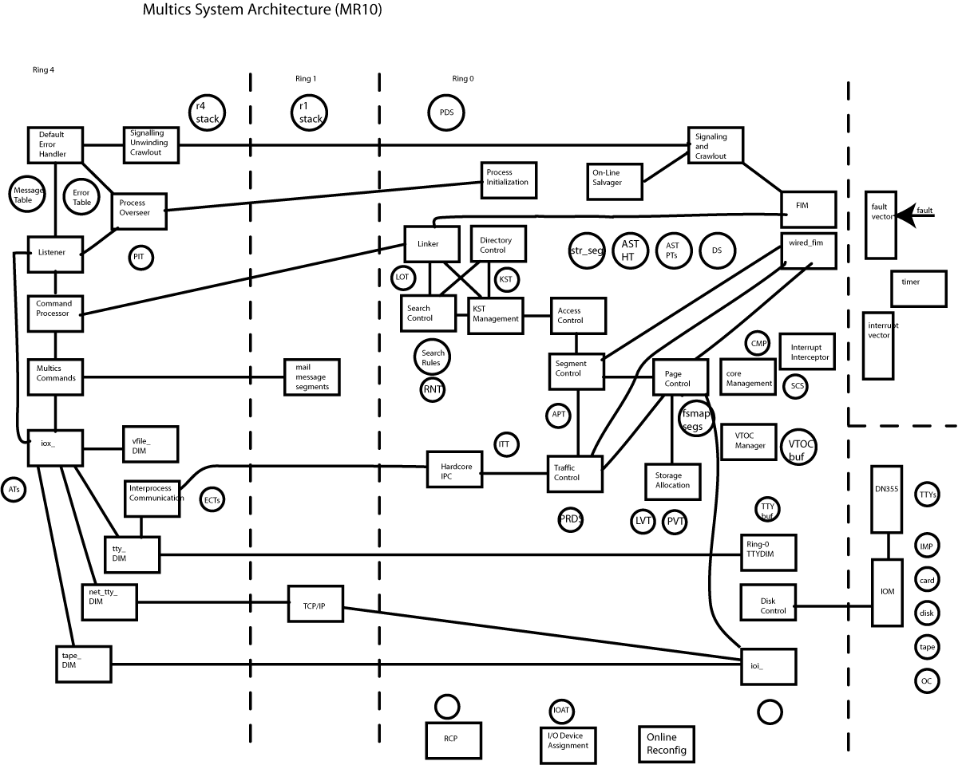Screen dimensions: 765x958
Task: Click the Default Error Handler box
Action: click(x=55, y=144)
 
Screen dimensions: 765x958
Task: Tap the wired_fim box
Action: click(x=807, y=249)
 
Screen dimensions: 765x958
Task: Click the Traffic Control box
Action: click(x=574, y=473)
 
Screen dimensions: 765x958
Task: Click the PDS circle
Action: click(x=446, y=112)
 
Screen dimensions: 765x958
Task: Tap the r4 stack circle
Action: click(x=208, y=112)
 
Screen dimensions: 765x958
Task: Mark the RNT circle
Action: click(x=433, y=390)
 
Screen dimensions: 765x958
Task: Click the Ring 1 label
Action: click(x=306, y=79)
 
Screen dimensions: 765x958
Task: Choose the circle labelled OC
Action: click(x=926, y=680)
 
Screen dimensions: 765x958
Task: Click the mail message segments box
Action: click(x=312, y=377)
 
